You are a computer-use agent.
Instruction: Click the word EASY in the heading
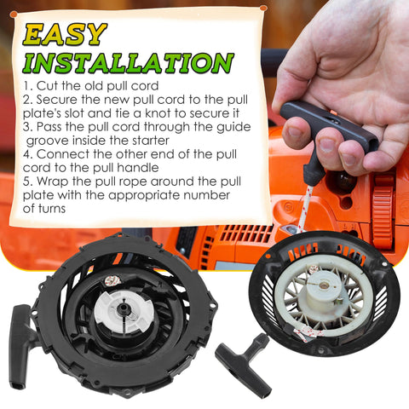(65, 35)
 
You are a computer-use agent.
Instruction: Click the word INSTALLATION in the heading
(129, 62)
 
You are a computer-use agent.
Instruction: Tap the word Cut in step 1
(47, 86)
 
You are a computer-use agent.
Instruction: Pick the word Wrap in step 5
(53, 181)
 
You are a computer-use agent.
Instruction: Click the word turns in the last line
(51, 209)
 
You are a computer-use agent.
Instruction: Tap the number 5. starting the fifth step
(28, 181)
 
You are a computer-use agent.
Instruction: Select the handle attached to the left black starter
(20, 347)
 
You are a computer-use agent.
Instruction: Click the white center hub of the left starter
(123, 312)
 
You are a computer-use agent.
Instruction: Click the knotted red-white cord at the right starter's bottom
(308, 331)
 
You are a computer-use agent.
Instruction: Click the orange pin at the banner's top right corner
(263, 9)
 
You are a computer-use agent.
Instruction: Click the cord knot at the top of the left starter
(112, 280)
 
